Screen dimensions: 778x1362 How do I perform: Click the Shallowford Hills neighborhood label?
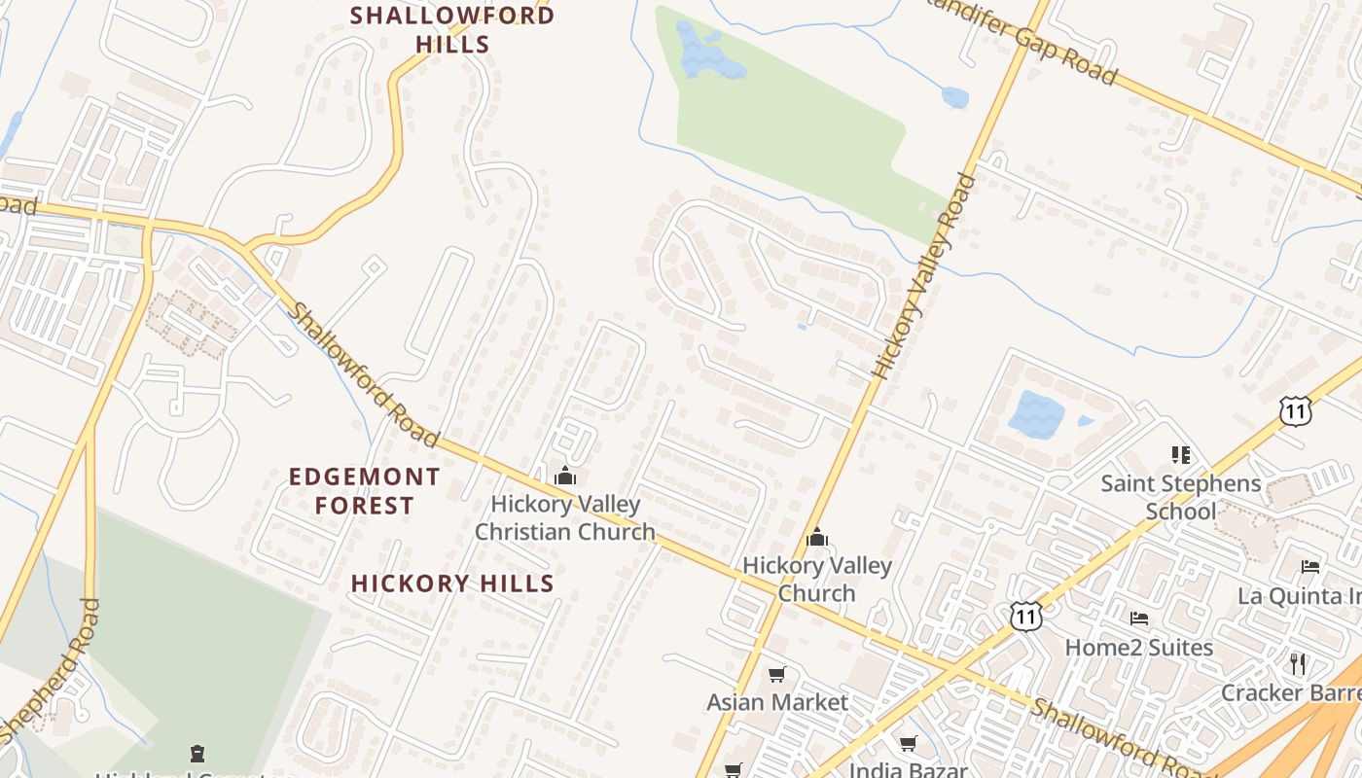(x=452, y=29)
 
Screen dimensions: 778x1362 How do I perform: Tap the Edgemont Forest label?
(x=364, y=491)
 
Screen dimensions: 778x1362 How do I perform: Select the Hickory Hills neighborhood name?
(x=452, y=583)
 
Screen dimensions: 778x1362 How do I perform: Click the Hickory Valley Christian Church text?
(x=565, y=518)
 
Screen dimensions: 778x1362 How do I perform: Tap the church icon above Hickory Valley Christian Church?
(x=565, y=477)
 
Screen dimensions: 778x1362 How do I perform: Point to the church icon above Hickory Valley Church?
(x=817, y=537)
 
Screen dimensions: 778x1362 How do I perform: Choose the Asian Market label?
(x=777, y=702)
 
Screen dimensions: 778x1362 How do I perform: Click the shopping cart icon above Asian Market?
(x=776, y=674)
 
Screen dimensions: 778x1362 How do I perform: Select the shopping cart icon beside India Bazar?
(x=908, y=744)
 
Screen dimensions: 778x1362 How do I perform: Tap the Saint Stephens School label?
(x=1180, y=497)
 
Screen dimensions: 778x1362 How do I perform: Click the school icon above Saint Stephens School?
(x=1181, y=455)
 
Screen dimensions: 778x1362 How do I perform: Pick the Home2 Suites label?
(x=1138, y=648)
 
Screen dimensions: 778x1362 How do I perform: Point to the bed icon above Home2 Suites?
(x=1138, y=619)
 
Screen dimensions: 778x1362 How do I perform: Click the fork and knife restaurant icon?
(x=1297, y=664)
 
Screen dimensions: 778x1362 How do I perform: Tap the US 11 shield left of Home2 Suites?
(x=1026, y=616)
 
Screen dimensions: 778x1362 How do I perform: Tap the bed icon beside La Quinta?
(x=1310, y=567)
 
